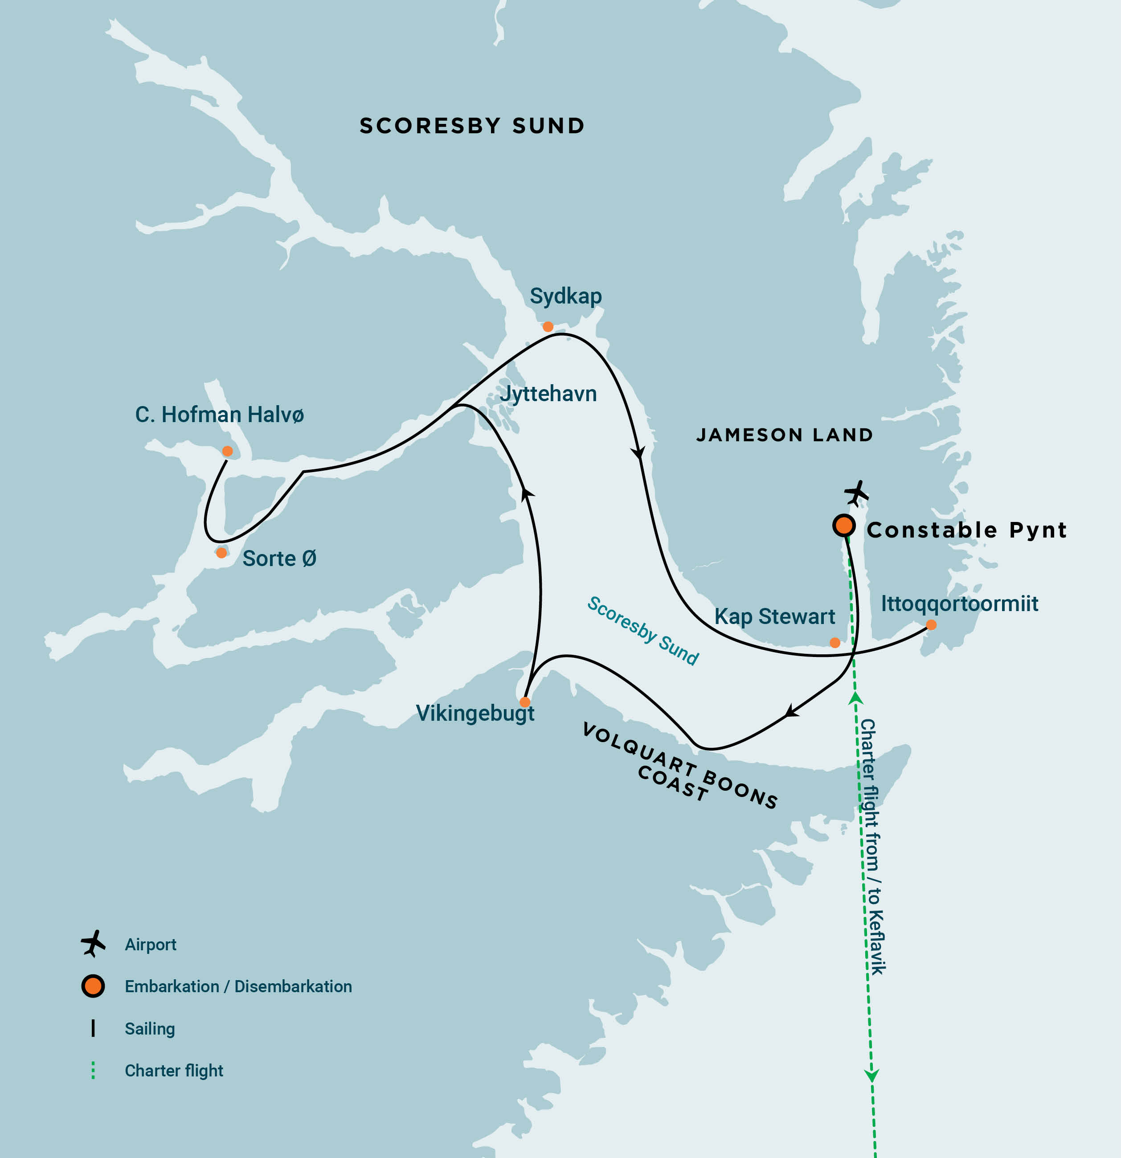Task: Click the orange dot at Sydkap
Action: coord(548,327)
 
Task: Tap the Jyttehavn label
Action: coord(548,394)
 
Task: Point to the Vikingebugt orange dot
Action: coord(525,702)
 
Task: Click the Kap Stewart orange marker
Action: coord(835,643)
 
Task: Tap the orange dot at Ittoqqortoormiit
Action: coord(931,625)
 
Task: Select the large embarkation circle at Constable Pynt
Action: coord(844,525)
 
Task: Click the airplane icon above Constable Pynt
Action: coord(856,493)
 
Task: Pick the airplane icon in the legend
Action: coord(93,944)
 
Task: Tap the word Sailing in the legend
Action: coord(149,1029)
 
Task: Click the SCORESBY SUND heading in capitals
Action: coord(472,126)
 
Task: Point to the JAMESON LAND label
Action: coord(784,435)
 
